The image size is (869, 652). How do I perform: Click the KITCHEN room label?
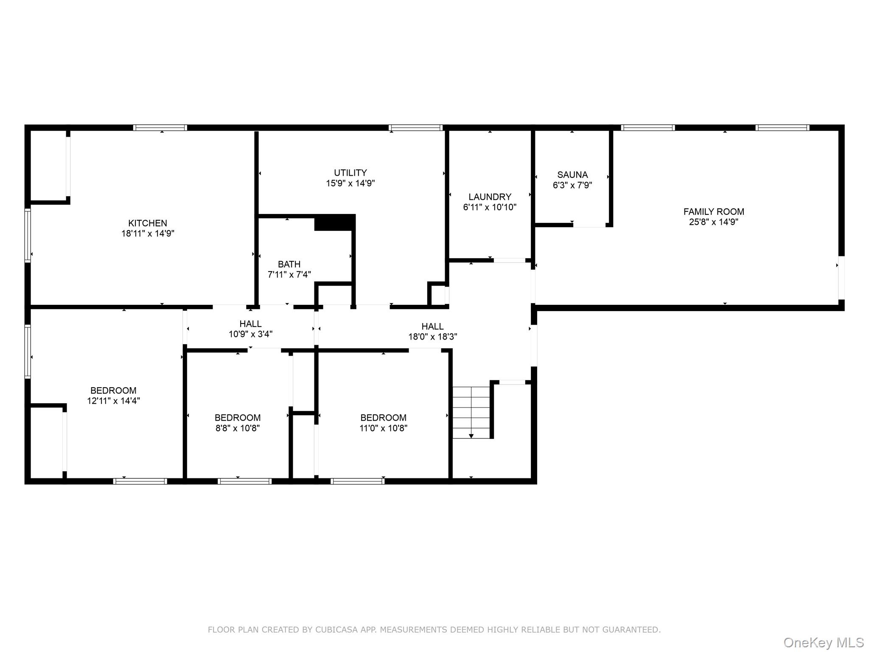(148, 223)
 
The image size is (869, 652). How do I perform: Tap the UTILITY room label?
(350, 173)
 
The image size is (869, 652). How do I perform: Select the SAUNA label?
(572, 174)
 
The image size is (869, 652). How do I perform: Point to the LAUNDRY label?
(490, 197)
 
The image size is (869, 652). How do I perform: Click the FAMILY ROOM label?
(714, 211)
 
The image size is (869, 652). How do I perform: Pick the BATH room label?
(289, 264)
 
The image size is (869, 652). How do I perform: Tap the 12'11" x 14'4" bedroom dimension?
(113, 401)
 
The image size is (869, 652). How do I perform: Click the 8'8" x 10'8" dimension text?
(238, 428)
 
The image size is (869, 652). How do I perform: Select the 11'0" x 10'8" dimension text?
(384, 428)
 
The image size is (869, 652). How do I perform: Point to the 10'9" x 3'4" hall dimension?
(250, 334)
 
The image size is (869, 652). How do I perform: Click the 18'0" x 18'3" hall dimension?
(433, 337)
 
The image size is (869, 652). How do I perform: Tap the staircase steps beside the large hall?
(471, 412)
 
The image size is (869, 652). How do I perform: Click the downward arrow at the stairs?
(471, 436)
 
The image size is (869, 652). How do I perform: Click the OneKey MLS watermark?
(824, 642)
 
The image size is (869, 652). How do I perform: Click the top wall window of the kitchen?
(160, 127)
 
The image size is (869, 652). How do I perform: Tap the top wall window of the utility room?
(415, 127)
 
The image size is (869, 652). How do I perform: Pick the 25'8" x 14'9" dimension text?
(714, 222)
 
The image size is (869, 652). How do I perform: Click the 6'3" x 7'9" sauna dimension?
(572, 185)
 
